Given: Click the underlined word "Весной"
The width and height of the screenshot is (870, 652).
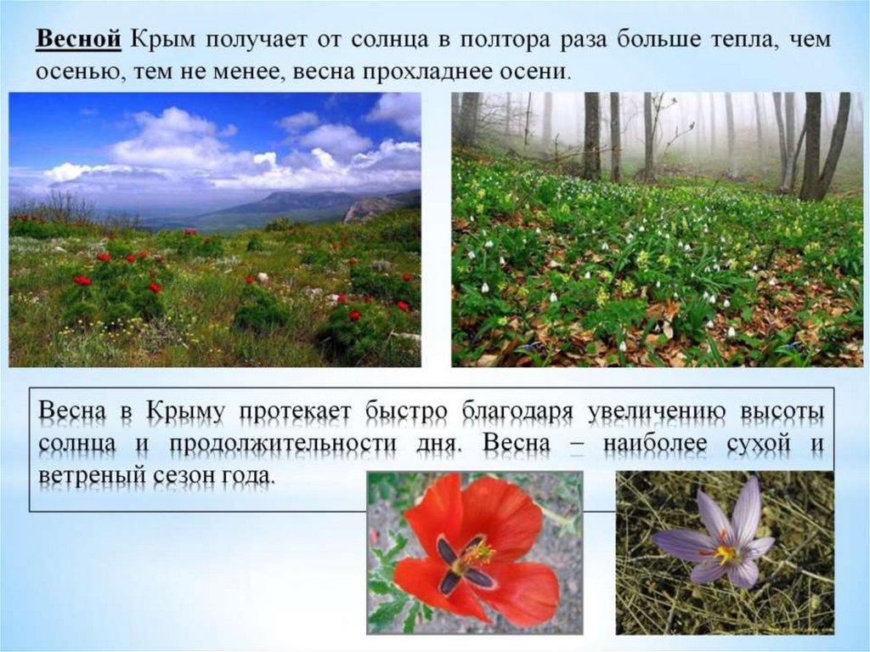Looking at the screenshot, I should pos(79,41).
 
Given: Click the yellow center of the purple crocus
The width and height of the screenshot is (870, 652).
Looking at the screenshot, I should pos(725,554).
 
